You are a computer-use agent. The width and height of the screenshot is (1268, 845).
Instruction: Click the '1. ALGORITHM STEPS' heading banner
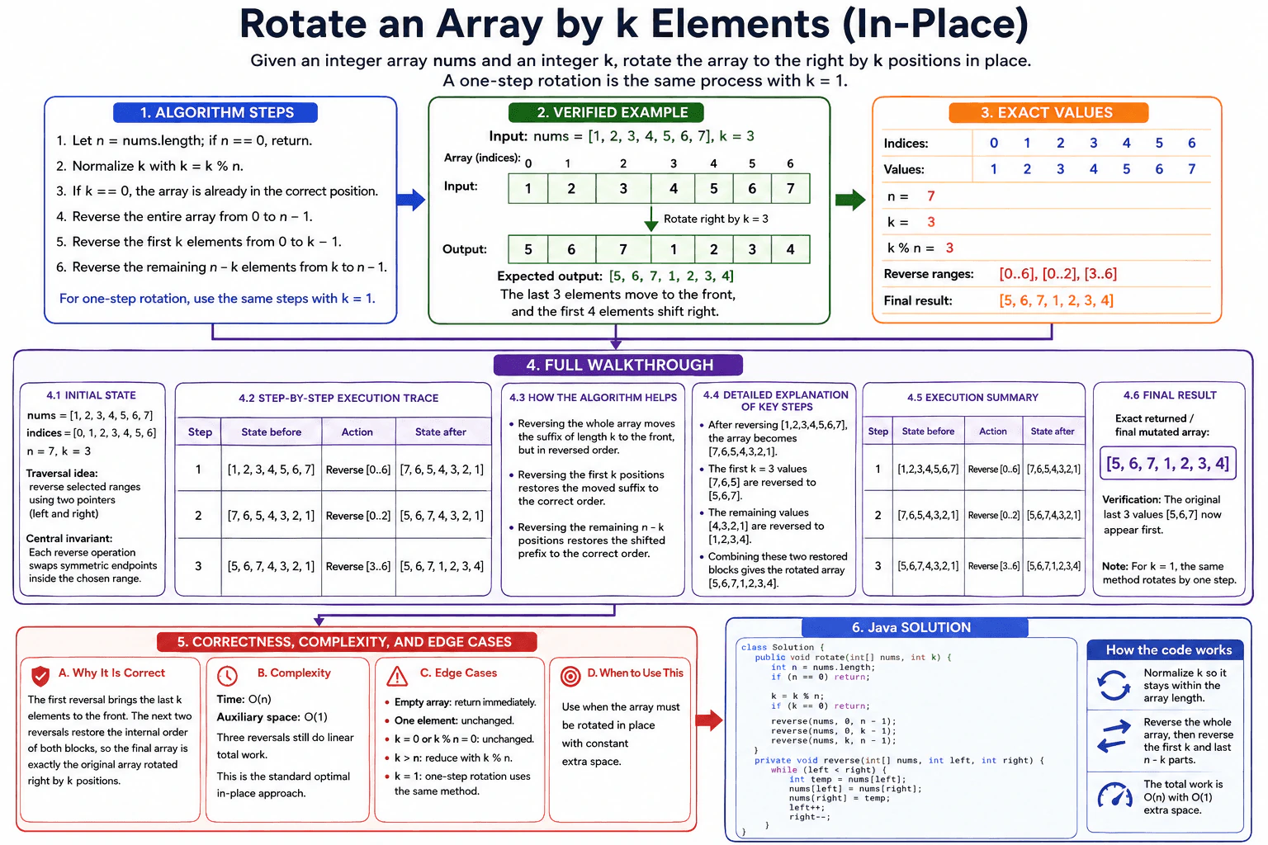tap(215, 112)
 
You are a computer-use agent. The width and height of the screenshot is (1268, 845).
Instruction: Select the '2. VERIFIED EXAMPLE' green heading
tap(606, 112)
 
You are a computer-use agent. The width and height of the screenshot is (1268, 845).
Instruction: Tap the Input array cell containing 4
tap(673, 188)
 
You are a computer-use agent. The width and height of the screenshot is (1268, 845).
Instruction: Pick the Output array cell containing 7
tap(623, 249)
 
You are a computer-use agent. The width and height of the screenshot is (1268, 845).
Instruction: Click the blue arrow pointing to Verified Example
tap(411, 199)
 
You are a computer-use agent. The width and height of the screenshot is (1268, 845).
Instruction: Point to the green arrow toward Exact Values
tap(850, 199)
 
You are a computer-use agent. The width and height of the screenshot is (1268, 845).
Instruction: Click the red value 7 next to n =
tap(930, 196)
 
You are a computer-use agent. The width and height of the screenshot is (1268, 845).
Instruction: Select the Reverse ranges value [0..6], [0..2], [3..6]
tap(1058, 274)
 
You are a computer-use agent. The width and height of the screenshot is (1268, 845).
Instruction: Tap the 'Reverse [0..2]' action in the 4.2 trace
tap(358, 516)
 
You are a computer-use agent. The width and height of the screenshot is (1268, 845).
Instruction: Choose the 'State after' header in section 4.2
tap(440, 432)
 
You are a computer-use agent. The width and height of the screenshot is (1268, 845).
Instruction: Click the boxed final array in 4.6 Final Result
tap(1168, 464)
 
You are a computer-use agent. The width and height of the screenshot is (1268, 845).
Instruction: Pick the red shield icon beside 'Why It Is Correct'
tap(40, 675)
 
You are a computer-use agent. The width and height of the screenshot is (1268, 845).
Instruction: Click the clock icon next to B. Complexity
tap(228, 675)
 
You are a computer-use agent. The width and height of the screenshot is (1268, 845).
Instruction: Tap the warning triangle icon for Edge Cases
tap(397, 676)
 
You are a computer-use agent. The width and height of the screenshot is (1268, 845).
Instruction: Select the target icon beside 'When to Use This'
tap(570, 676)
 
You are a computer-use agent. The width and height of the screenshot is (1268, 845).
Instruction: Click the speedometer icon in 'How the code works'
tap(1114, 795)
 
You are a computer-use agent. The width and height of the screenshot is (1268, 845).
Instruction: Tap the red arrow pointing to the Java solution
tap(709, 720)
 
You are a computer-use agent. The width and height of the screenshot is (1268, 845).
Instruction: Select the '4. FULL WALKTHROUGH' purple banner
tap(618, 365)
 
